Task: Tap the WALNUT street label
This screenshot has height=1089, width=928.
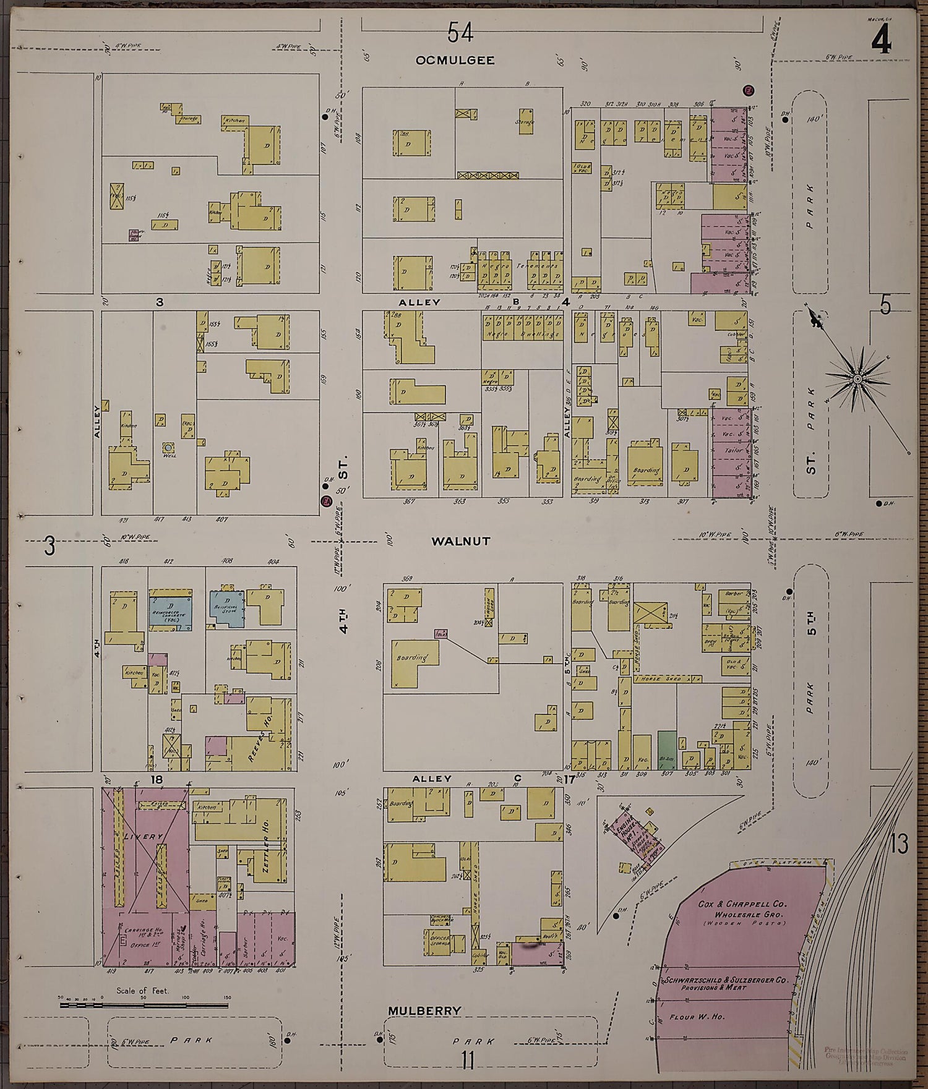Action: point(460,541)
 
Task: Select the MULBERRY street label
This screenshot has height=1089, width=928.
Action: point(424,1010)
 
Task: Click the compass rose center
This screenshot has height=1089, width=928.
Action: point(857,378)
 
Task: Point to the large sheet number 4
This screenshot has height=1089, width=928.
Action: point(881,41)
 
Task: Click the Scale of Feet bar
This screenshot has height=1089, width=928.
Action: point(144,1006)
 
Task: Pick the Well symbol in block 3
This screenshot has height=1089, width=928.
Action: point(168,446)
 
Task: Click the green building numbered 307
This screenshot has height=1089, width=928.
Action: point(666,749)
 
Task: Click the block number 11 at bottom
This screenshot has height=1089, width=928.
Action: point(468,1062)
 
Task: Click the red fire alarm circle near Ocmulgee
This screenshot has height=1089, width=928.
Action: point(748,90)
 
